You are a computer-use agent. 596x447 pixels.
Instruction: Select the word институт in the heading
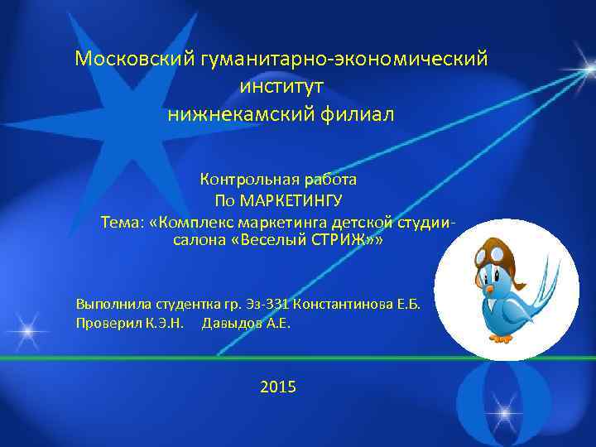pos(281,86)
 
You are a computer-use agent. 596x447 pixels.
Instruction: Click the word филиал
pos(348,113)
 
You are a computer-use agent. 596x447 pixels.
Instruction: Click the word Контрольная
pos(241,179)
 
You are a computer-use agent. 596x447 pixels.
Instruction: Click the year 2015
pos(277,387)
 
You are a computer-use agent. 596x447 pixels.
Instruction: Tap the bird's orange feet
pos(507,337)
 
